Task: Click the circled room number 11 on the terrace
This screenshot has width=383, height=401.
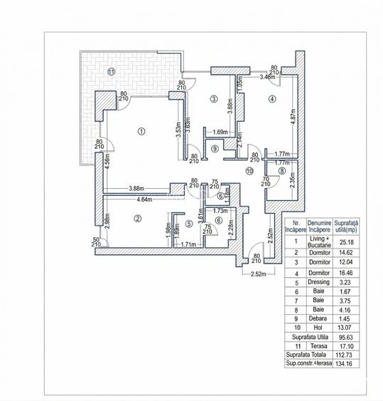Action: (x=110, y=71)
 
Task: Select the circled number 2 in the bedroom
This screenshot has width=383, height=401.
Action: (x=137, y=219)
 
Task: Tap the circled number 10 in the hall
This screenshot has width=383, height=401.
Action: (x=249, y=171)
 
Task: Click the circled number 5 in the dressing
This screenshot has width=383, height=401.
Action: (x=188, y=224)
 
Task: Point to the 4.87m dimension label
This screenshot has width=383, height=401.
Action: (x=293, y=118)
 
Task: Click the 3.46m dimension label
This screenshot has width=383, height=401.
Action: (x=269, y=75)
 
